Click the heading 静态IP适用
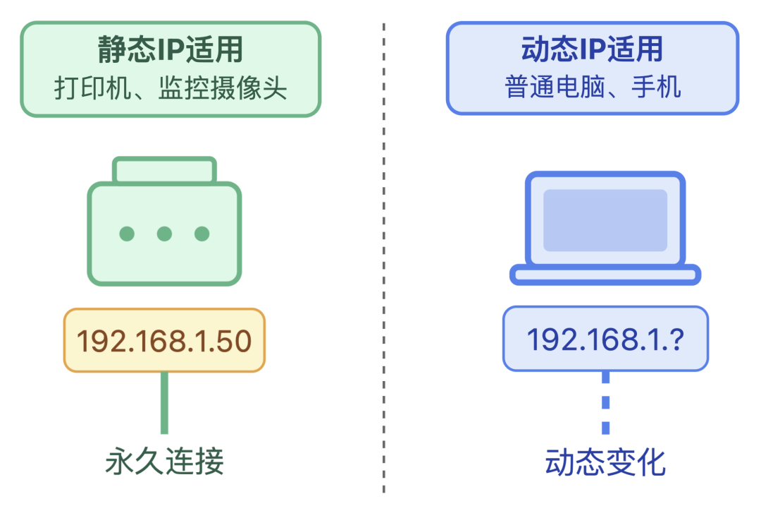point(170,50)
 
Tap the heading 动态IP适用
point(592,49)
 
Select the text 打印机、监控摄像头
point(170,88)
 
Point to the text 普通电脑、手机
point(592,88)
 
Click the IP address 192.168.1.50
point(163,341)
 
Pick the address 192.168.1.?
point(605,339)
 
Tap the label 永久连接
point(164,462)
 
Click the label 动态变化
point(605,463)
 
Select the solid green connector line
point(164,402)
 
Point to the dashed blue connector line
point(605,402)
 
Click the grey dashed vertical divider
point(384,282)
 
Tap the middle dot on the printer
point(164,234)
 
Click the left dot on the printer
point(127,234)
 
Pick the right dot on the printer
point(202,234)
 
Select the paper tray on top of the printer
point(164,170)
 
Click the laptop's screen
point(605,219)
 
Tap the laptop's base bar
point(605,275)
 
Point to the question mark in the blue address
point(676,339)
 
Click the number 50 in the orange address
point(234,341)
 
